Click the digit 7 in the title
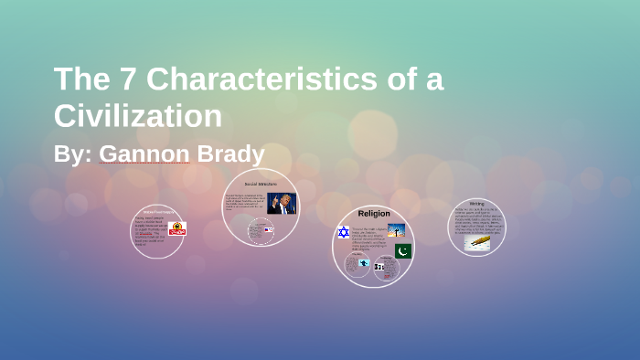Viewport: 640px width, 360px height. [124, 79]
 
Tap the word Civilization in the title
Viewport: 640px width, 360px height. [138, 116]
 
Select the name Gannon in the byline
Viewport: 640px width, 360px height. [144, 154]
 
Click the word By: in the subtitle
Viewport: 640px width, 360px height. [72, 154]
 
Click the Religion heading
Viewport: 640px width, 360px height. [373, 213]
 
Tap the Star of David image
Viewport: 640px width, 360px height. [344, 233]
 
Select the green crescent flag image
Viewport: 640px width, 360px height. [403, 250]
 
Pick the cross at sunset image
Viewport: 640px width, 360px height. [396, 230]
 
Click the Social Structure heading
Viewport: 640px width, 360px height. [261, 184]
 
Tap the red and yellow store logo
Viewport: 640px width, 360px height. [176, 228]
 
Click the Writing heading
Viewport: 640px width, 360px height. [477, 203]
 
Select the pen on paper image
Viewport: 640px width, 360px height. [477, 243]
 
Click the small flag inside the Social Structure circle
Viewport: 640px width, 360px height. [268, 229]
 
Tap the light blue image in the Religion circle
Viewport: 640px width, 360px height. [364, 263]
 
